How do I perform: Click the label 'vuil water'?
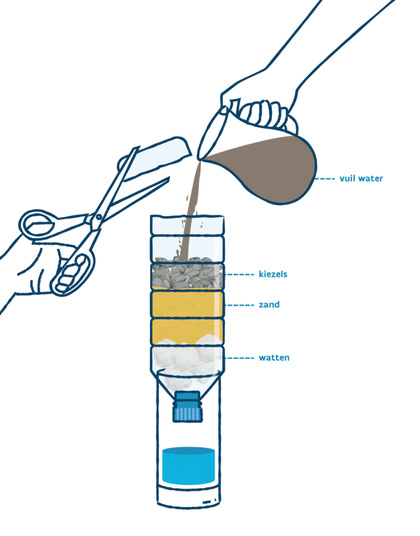pos(361,178)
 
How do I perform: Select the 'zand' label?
pos(269,305)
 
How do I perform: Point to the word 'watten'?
pos(274,358)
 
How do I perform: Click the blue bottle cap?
pos(187,406)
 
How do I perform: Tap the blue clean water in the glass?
pos(189,465)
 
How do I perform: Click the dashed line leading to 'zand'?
pos(240,305)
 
